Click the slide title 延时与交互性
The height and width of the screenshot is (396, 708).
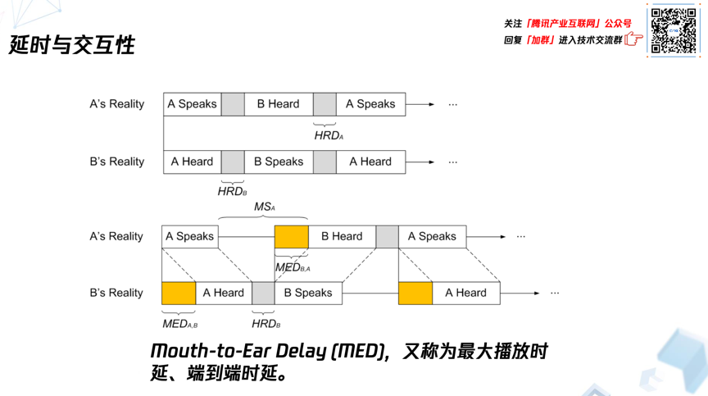(72, 44)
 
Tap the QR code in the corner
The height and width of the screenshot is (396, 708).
(674, 31)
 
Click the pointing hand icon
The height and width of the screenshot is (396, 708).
(633, 39)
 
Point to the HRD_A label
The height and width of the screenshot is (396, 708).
(329, 136)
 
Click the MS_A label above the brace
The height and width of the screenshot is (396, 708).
(264, 207)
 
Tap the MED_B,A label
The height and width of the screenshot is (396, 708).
(293, 268)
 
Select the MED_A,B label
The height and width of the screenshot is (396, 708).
(179, 324)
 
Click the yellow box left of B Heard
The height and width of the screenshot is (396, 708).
(291, 236)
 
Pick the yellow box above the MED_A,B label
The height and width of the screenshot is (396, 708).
(179, 293)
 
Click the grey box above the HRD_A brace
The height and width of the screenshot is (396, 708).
(324, 104)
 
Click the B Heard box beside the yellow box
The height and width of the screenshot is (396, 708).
(342, 236)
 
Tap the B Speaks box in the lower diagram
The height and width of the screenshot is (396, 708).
(308, 293)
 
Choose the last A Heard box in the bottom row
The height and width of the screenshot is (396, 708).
(465, 293)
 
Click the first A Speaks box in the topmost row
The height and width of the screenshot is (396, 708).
(193, 104)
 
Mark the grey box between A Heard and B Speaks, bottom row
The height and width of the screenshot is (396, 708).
(263, 293)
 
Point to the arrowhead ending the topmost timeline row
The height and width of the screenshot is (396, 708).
(431, 104)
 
